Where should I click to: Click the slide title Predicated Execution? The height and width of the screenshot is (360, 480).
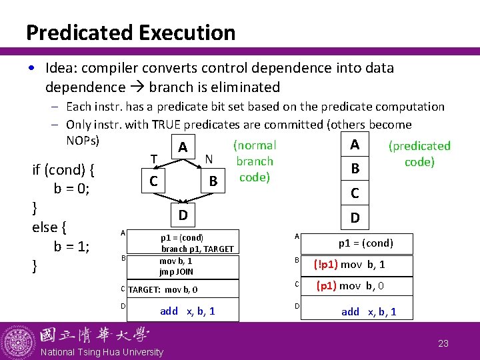(x=131, y=32)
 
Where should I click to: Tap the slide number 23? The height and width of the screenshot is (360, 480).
(x=443, y=343)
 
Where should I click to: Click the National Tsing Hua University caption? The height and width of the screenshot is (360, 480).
(x=101, y=352)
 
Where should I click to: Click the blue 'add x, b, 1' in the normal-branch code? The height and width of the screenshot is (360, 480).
(x=187, y=311)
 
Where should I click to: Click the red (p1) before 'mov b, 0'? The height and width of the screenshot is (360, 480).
(x=327, y=286)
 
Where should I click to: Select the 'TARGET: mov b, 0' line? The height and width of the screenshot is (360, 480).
(x=162, y=289)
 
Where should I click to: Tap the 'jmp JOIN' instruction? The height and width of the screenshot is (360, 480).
(x=176, y=272)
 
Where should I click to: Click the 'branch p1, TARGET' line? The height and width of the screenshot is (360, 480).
(x=197, y=249)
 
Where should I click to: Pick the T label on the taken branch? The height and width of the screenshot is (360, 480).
(x=154, y=159)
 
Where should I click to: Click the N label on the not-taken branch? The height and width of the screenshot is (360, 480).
(x=209, y=159)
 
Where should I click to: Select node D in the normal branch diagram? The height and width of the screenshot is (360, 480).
(x=182, y=215)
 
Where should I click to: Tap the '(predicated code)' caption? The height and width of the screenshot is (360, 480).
(x=419, y=154)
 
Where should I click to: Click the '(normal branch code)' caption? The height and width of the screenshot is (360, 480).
(x=255, y=161)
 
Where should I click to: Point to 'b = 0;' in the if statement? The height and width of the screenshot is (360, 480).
(x=72, y=188)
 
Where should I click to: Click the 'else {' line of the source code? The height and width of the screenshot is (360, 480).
(x=49, y=227)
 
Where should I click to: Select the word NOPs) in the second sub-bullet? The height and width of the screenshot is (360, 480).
(x=83, y=140)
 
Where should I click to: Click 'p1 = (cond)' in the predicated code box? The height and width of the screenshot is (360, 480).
(x=365, y=243)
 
